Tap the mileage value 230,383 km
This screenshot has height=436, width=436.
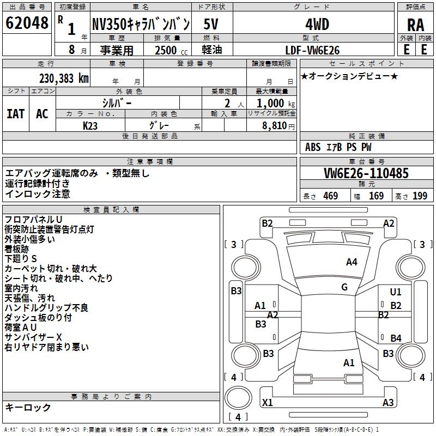tap(64, 78)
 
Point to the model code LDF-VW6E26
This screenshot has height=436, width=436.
tap(313, 50)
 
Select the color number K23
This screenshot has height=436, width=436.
tap(90, 125)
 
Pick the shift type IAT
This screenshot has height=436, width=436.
tap(15, 113)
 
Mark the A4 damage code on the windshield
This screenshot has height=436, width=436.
tap(352, 262)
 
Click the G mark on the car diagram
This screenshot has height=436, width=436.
tap(344, 287)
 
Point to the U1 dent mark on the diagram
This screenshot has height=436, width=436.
tap(396, 292)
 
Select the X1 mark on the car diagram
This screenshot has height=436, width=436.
tap(268, 403)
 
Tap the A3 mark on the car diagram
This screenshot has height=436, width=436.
tap(388, 403)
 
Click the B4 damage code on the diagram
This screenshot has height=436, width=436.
tap(396, 338)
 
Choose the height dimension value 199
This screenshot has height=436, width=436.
tap(420, 196)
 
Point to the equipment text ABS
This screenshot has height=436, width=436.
tap(313, 147)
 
